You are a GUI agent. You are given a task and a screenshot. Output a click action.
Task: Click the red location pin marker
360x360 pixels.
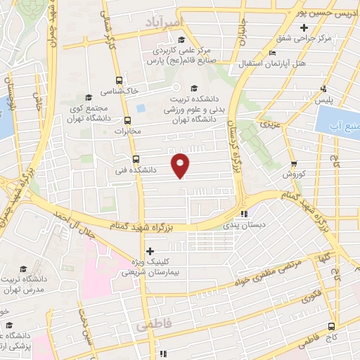(x=181, y=165)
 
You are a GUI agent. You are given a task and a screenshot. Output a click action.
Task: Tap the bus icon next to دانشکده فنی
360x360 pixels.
(x=136, y=158)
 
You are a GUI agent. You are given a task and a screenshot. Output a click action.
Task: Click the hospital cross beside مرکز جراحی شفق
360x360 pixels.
(x=304, y=28)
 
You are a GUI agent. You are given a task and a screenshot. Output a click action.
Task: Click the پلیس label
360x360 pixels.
(x=323, y=101)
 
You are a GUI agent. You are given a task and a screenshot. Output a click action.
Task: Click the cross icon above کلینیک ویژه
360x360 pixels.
(x=149, y=251)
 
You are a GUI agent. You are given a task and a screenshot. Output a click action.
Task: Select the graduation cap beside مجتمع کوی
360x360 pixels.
(x=88, y=98)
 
